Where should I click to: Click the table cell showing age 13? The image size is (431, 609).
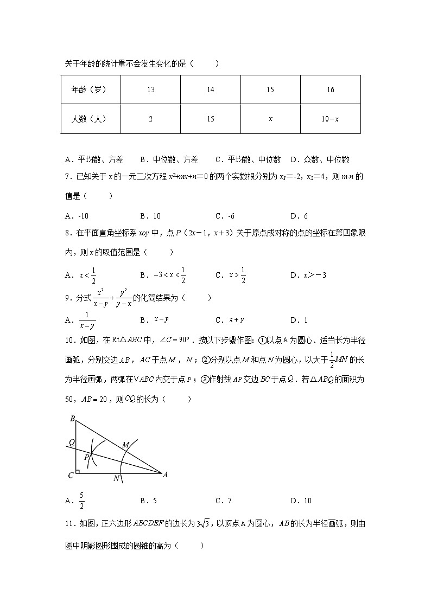[150, 89]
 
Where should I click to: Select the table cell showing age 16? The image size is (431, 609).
[330, 89]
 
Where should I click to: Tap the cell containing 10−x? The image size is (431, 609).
[330, 119]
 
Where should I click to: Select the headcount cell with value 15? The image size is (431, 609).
[211, 119]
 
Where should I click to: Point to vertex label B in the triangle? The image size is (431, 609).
[72, 418]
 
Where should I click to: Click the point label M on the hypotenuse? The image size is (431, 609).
[125, 445]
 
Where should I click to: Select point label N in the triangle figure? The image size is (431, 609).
[116, 478]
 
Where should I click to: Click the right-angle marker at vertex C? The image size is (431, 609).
[78, 471]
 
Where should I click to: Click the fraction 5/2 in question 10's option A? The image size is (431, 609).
[81, 501]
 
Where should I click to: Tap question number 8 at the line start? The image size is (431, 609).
[67, 233]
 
